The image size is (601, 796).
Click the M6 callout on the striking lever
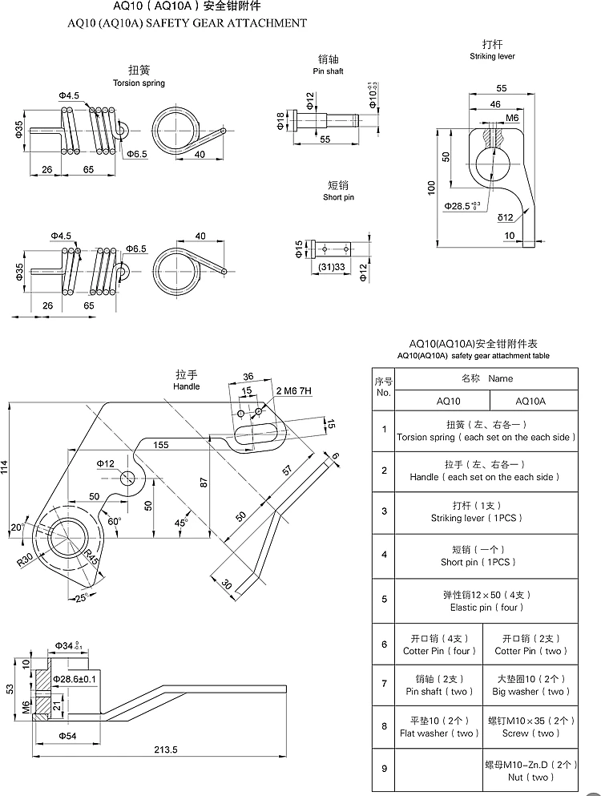coord(512,118)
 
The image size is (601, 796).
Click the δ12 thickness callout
coord(505,218)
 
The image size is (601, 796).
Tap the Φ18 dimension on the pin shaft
coord(280,121)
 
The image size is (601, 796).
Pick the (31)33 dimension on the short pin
coord(332,267)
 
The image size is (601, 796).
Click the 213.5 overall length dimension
coord(166,750)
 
